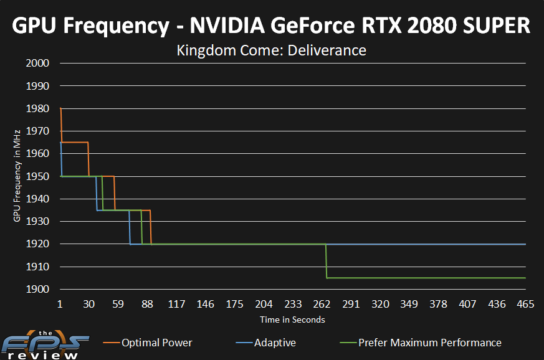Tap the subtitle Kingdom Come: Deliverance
tap(272, 50)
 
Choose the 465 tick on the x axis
tap(526, 304)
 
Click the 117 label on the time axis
tap(176, 304)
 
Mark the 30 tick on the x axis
tap(88, 304)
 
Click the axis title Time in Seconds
tap(292, 320)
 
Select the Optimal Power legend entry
tap(156, 343)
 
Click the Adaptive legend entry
tap(275, 343)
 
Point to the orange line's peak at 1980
tap(60, 109)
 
